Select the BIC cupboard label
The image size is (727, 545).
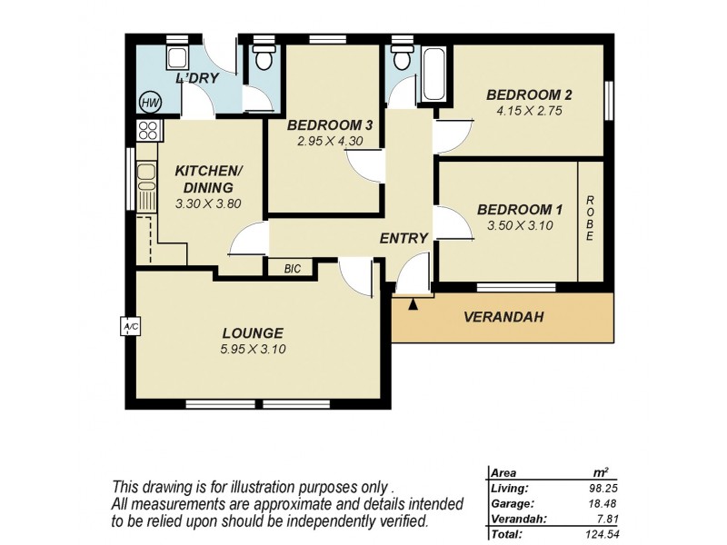click(292, 268)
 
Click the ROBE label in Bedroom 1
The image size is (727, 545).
click(590, 218)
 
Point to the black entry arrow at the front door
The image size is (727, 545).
click(413, 305)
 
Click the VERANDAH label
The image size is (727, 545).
click(503, 317)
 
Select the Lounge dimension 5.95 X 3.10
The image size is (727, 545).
click(254, 349)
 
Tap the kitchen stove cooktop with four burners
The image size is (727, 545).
click(149, 130)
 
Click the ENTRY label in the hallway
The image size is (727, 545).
click(403, 238)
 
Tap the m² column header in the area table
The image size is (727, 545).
click(599, 472)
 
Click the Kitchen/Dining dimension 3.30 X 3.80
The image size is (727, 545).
click(208, 204)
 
